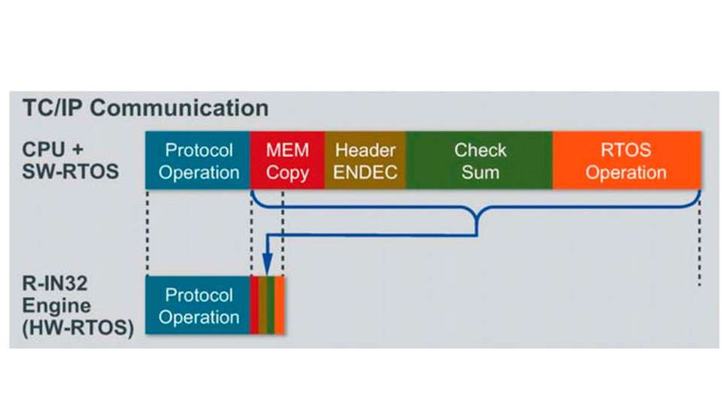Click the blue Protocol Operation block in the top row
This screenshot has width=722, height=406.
198,160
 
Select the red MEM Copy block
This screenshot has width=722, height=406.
287,160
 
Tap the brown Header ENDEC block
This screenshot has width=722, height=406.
366,160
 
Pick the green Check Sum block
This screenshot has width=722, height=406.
479,160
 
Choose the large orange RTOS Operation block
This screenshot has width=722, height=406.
627,160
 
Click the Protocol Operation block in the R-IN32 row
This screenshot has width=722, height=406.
198,305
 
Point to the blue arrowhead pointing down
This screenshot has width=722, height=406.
267,264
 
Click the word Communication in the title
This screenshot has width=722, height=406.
179,108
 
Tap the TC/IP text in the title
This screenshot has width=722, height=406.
54,108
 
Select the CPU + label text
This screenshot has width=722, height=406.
53,150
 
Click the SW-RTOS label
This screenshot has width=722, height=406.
71,171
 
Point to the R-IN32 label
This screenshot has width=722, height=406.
55,283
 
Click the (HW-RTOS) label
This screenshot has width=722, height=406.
77,328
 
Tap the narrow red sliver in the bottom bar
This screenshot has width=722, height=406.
254,305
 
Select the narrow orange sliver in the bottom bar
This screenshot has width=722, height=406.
280,305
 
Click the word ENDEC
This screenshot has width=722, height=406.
366,172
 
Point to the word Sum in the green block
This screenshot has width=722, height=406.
481,172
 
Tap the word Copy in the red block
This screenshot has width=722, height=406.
287,174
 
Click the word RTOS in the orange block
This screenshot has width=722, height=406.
626,150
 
